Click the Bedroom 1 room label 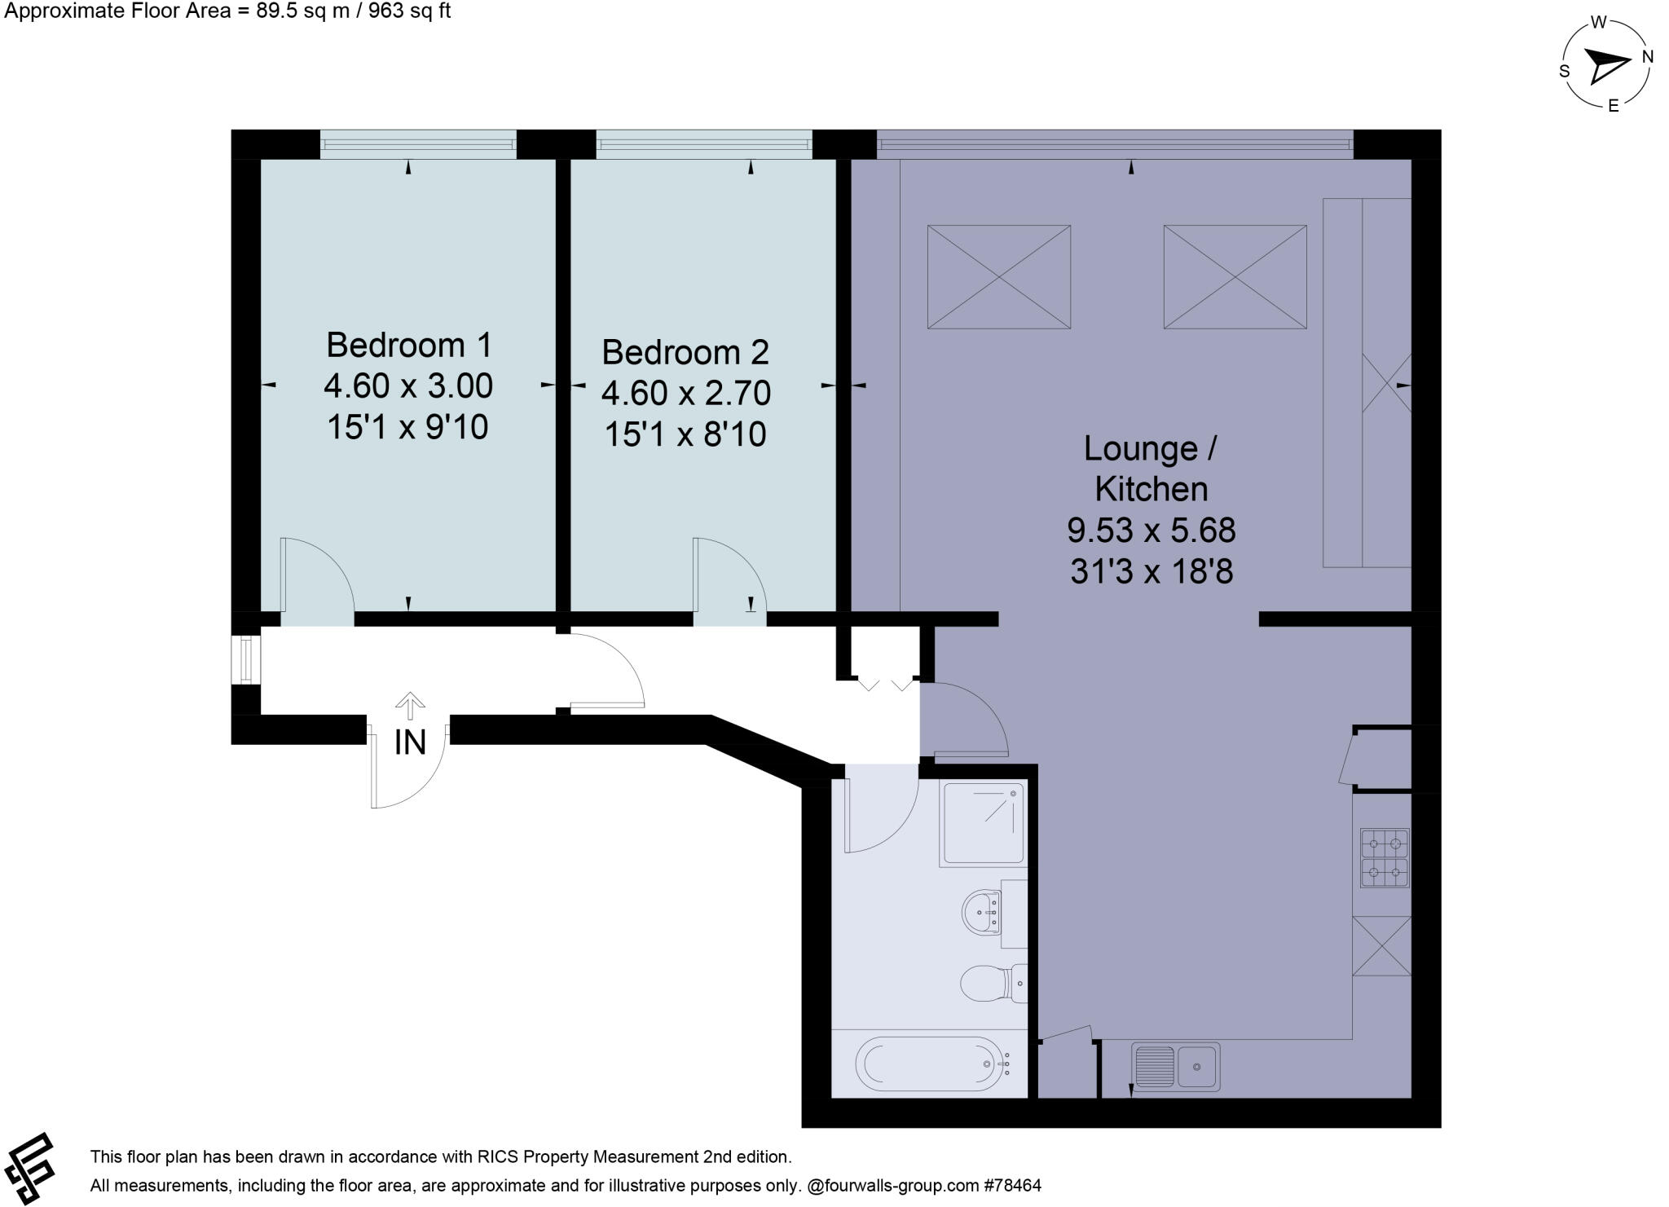408,346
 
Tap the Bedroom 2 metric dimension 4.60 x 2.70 685,394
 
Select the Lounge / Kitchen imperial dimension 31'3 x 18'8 1151,572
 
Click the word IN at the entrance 410,742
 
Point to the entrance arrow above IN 410,706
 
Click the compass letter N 1647,57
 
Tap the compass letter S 1564,71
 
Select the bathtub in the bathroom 930,1064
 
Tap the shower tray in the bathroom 982,822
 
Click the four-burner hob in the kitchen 1384,857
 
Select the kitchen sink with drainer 1175,1066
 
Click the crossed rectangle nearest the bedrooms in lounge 998,277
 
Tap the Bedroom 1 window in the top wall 418,144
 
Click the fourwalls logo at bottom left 30,1167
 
